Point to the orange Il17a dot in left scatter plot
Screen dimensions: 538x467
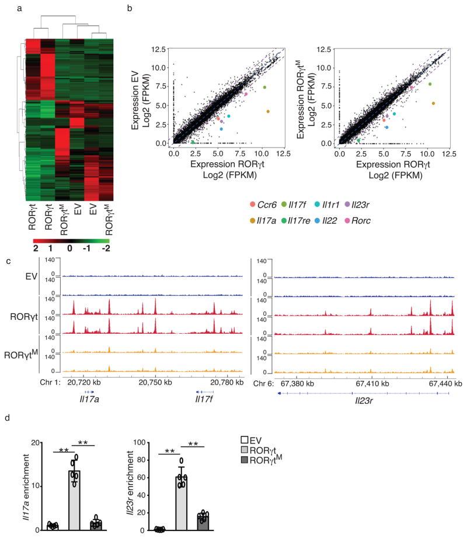click(268, 111)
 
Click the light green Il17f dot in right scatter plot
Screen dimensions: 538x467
click(430, 84)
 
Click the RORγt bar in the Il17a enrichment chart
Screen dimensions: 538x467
click(90, 500)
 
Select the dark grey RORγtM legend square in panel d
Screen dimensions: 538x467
click(246, 462)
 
